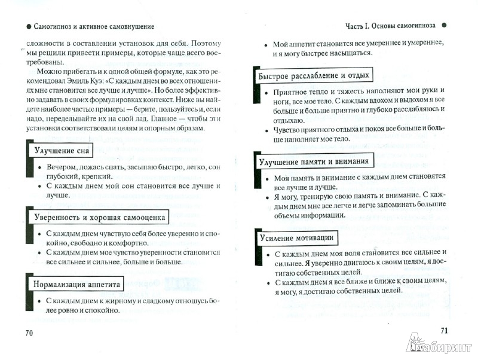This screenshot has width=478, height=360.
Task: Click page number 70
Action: coord(29,333)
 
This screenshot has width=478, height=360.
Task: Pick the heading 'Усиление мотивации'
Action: coord(295,238)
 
